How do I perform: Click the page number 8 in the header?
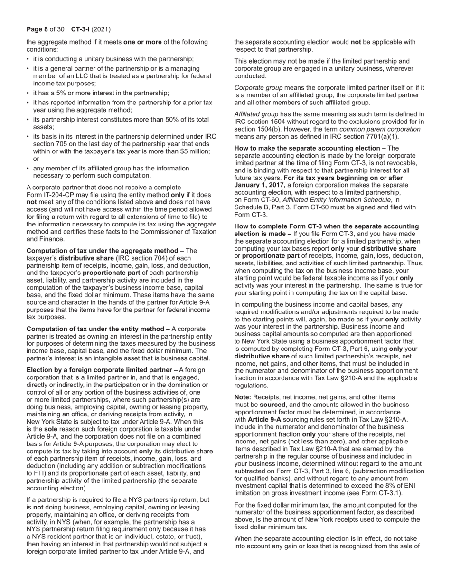46,29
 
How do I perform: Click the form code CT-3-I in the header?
81,29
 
